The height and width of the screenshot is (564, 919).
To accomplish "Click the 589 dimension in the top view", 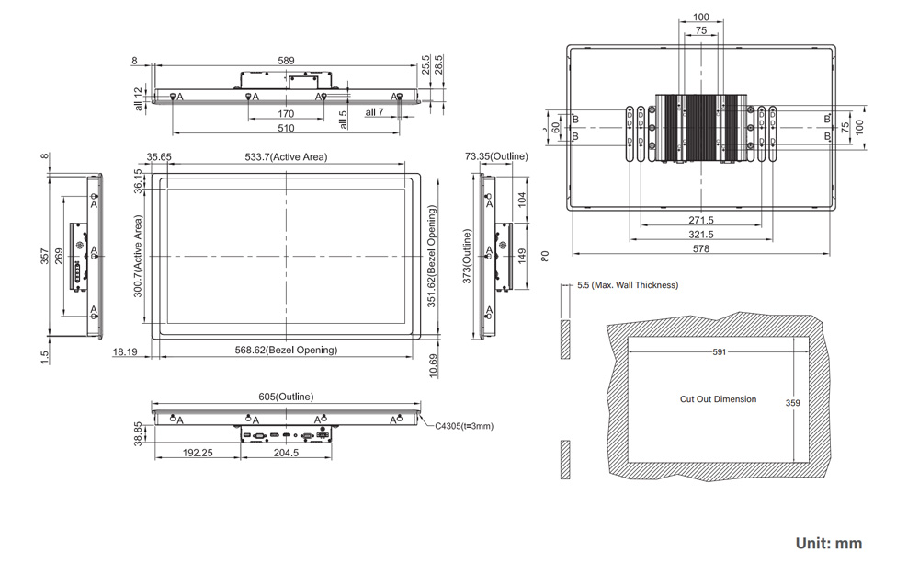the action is click(286, 61).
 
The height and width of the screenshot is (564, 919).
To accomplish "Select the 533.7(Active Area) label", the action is click(286, 156).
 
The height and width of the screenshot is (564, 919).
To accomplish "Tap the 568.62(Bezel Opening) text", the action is click(286, 350).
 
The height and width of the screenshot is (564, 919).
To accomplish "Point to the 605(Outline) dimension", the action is click(286, 397).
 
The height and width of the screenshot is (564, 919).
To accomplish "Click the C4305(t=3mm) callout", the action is click(464, 426).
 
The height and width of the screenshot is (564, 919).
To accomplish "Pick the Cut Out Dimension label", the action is click(718, 399).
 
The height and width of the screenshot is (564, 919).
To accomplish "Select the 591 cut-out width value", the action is click(720, 352).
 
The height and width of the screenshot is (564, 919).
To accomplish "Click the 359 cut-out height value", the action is click(792, 403).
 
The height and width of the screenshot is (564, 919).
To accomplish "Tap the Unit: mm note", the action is click(829, 543).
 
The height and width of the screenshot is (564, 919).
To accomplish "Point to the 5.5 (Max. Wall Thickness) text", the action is click(628, 285).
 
